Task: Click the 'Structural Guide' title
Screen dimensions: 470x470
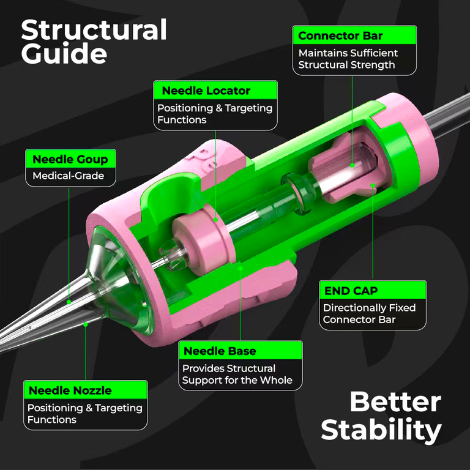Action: pos(94,42)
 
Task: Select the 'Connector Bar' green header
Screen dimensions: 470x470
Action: pos(354,35)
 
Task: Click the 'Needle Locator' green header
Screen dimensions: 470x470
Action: pos(215,90)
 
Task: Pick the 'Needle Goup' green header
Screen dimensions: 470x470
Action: pos(71,159)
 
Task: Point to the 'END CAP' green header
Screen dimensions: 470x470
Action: pos(373,290)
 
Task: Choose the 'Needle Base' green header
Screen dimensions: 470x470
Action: pos(241,351)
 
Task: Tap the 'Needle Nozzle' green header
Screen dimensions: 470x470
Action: pos(86,390)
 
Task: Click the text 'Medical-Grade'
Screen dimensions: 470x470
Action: pos(69,176)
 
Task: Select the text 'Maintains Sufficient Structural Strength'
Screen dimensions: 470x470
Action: pos(348,59)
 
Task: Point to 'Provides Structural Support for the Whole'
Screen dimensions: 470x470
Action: pos(237,374)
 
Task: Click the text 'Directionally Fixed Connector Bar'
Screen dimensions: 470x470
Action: pos(369,313)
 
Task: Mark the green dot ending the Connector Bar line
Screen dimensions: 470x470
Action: pos(352,165)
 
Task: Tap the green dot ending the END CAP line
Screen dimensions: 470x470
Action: pos(373,185)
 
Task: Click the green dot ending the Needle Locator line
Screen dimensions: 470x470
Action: pos(215,220)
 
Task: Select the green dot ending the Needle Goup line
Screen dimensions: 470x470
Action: pos(69,302)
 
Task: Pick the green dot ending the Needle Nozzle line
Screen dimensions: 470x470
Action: pos(86,324)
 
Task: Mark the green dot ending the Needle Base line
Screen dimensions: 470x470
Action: pos(241,267)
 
